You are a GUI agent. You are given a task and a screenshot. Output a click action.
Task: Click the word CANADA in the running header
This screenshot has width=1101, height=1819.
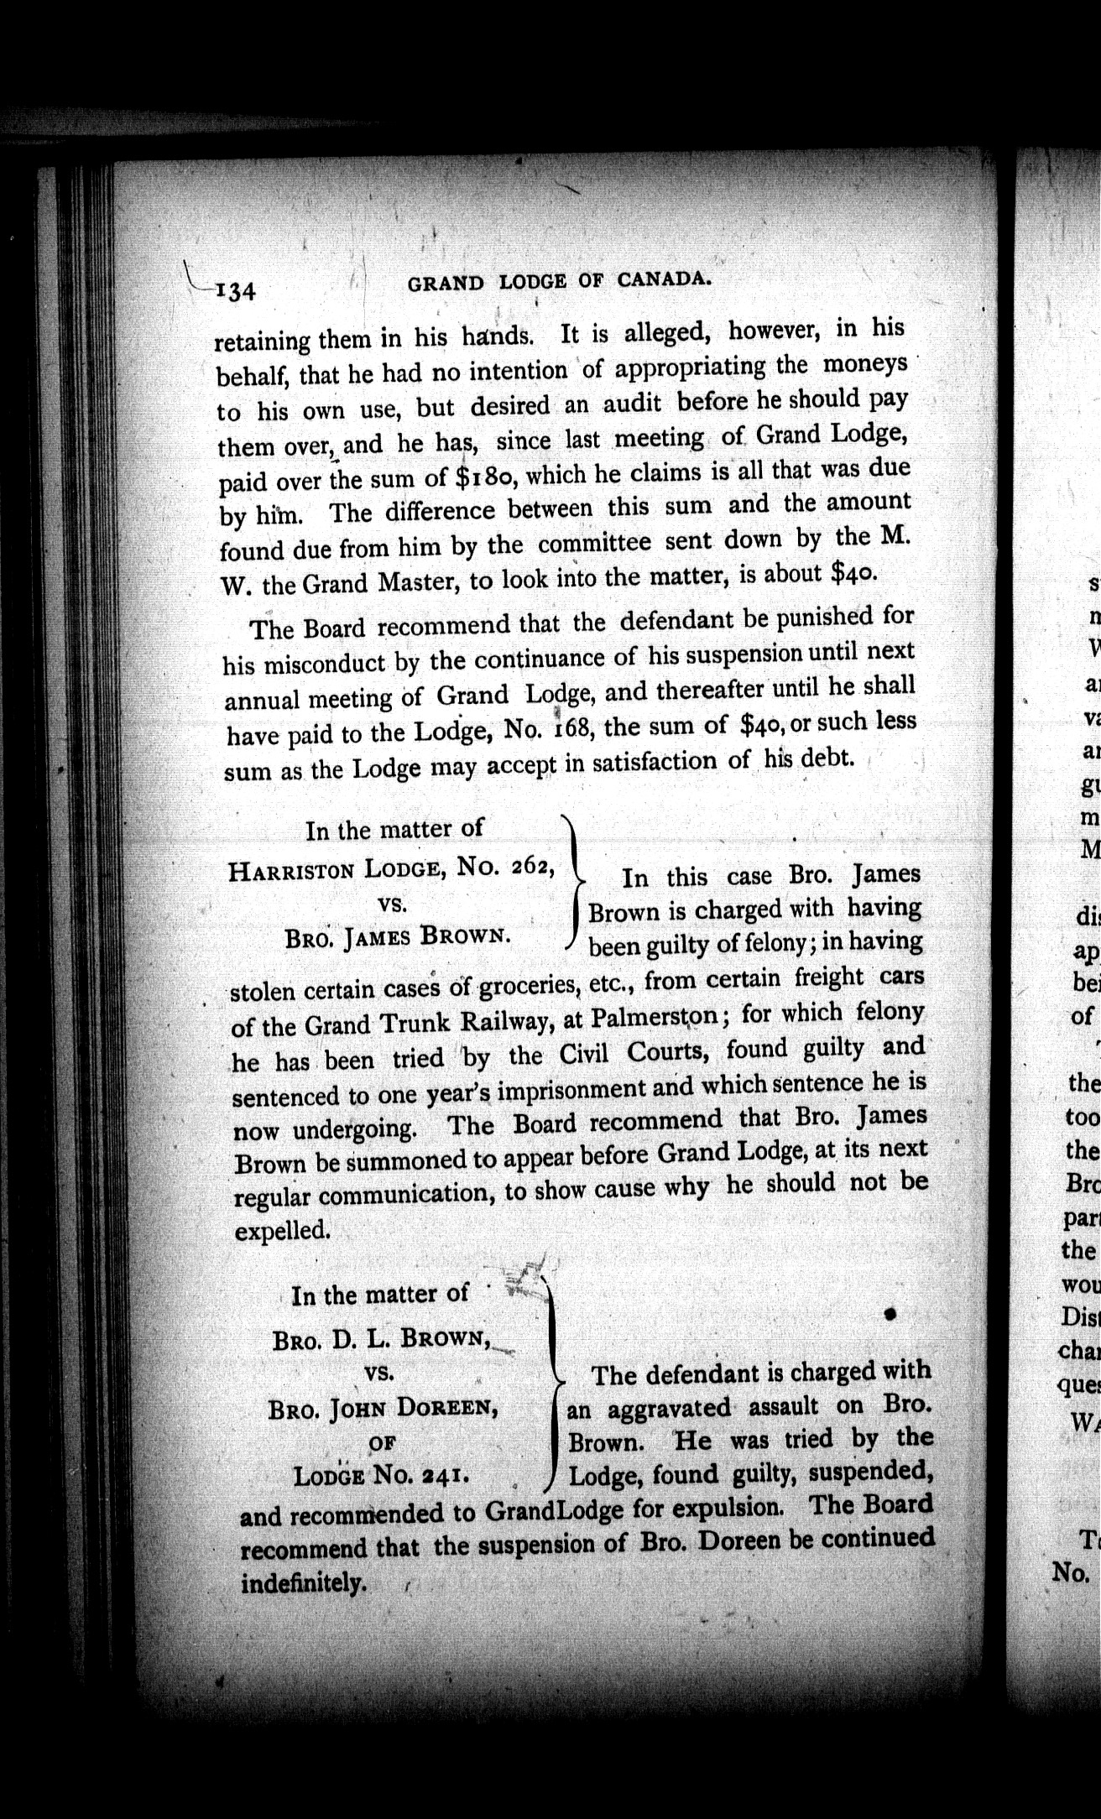coord(663,279)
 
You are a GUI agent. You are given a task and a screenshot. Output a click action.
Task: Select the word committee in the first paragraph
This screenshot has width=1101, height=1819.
coord(594,544)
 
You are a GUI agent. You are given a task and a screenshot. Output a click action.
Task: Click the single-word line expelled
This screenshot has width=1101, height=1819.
coord(281,1231)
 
